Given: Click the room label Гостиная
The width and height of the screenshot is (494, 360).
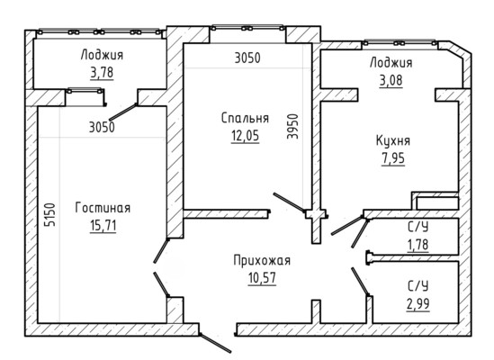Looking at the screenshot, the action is click(103, 208).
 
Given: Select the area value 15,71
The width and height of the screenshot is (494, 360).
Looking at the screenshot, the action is click(103, 226).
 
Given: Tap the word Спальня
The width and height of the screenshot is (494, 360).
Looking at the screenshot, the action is click(245, 118).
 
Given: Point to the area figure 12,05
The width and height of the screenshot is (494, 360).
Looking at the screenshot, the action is click(245, 136).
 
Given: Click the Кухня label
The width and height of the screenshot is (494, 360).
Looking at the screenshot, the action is click(393, 141).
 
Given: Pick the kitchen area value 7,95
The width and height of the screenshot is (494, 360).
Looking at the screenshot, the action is click(393, 158).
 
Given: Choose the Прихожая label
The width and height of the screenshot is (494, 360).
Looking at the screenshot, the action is click(262, 261).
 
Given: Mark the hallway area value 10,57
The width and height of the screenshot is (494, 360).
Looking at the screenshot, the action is click(262, 278).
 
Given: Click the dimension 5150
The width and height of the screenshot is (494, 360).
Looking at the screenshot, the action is click(50, 215).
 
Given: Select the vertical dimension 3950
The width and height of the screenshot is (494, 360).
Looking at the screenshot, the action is click(292, 126).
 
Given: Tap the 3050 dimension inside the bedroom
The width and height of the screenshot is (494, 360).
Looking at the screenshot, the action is click(247, 58).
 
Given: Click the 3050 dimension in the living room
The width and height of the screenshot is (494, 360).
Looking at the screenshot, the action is click(102, 128).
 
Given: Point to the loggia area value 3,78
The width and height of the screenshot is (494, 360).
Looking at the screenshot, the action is click(102, 73).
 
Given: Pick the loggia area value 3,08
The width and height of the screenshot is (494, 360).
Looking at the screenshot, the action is click(391, 80).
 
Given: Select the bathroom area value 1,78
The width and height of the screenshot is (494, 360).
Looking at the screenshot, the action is click(418, 245).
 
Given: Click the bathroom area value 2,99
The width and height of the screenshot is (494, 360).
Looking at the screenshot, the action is click(418, 304).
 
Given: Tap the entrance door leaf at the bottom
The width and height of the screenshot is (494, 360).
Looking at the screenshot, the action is click(215, 343).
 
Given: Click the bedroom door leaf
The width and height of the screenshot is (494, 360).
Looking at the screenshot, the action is click(289, 202).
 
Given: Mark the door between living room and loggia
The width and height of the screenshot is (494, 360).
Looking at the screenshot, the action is click(123, 112).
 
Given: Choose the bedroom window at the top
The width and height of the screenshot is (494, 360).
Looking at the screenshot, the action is click(247, 28).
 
